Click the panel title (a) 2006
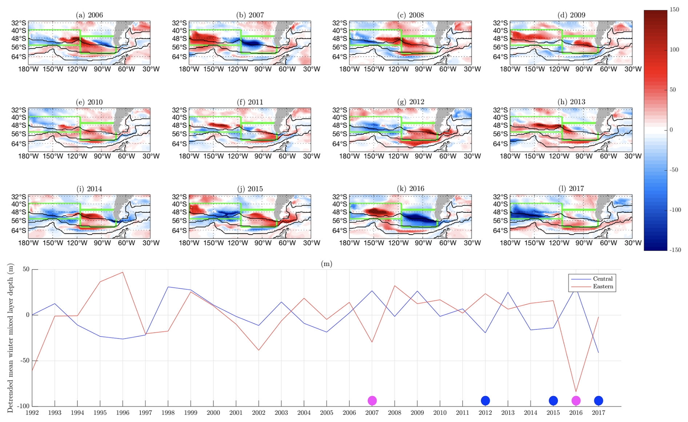89,15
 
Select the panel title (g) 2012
411,102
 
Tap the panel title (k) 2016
411,188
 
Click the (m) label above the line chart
326,264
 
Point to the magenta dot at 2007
372,401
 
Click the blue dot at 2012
485,401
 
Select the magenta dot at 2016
576,401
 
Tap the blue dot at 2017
599,401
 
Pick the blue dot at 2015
553,401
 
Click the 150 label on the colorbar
674,10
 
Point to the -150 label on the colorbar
675,250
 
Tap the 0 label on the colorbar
671,130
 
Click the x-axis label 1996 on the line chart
123,413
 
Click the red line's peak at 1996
123,272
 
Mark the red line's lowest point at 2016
576,391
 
